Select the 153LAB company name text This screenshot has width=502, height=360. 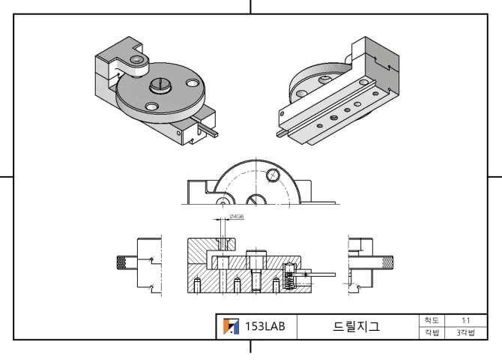tap(265, 327)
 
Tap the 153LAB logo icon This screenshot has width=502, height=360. tap(232, 327)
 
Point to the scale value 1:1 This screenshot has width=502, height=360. tap(465, 320)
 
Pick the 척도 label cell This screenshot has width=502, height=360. tap(432, 320)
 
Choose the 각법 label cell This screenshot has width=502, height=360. tap(432, 332)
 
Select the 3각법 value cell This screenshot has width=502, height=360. tap(465, 332)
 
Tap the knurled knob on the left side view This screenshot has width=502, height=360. tap(122, 263)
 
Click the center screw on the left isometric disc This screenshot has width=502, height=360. tap(162, 85)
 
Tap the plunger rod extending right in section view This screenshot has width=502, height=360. tap(322, 274)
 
